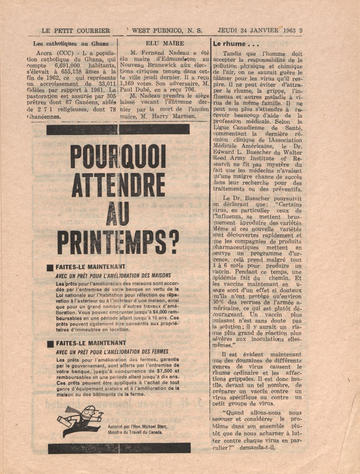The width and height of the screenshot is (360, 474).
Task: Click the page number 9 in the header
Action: tap(301, 31)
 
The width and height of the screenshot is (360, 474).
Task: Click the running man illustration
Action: tap(80, 420)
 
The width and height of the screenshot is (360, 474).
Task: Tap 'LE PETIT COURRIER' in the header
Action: tap(76, 31)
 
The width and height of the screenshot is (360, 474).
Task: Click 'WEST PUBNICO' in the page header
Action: tap(157, 31)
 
